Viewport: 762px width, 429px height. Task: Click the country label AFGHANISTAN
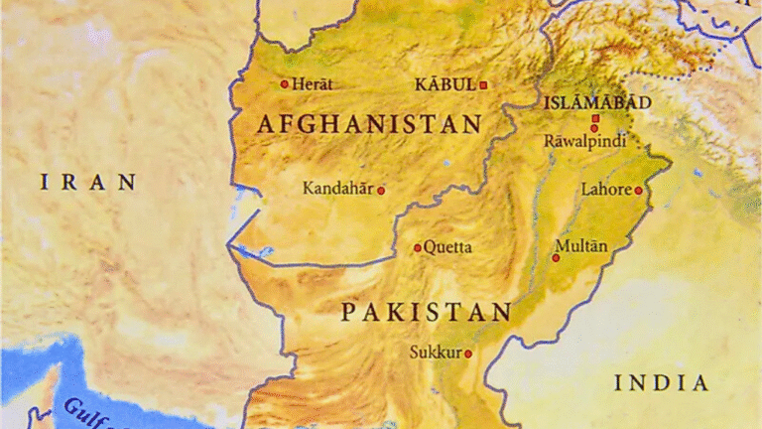pos(369,125)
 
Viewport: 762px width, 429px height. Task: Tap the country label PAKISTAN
pos(427,313)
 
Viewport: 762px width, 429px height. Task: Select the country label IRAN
pos(88,182)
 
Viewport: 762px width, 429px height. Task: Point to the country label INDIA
pos(661,383)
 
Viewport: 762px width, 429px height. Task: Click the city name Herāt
pos(312,84)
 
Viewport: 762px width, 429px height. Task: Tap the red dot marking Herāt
pos(285,84)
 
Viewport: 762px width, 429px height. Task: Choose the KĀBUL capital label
pos(444,84)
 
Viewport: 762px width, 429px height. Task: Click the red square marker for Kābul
pos(483,85)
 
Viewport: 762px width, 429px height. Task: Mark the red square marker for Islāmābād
pos(595,119)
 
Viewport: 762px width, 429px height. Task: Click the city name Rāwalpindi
pos(585,141)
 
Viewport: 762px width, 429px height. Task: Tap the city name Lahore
pos(605,189)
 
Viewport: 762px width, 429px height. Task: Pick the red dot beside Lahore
pos(638,190)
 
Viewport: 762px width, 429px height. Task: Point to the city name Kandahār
pos(337,188)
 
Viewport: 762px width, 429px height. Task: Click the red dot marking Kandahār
pos(380,190)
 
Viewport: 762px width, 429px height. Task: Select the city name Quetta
pos(447,247)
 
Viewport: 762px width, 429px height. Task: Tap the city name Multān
pos(581,245)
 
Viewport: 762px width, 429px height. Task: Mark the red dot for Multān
pos(556,257)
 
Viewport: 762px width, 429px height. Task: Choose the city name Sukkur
pos(436,352)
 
